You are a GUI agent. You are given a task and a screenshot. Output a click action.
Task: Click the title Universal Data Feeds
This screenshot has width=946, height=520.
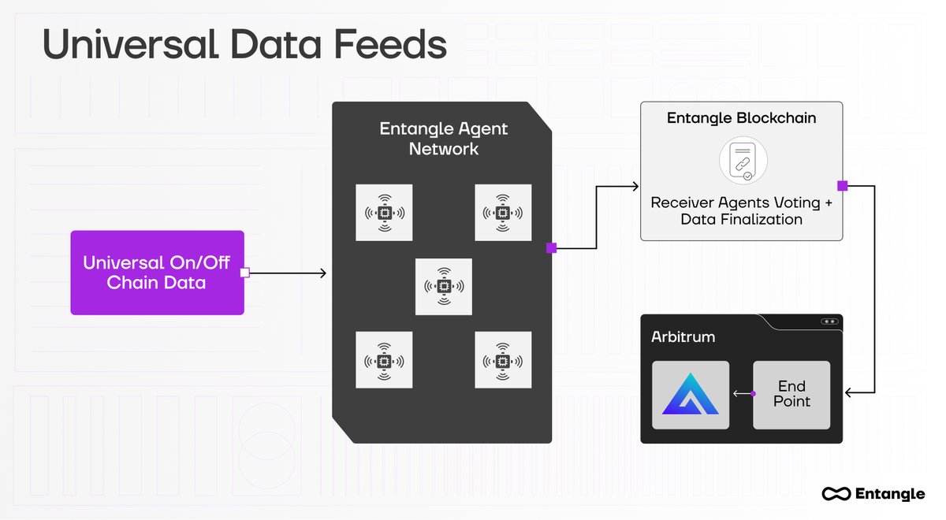(244, 45)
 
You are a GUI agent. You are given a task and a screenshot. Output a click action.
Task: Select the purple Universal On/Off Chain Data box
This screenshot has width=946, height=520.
(157, 273)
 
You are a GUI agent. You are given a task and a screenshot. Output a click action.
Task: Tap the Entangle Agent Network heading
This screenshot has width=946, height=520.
(444, 138)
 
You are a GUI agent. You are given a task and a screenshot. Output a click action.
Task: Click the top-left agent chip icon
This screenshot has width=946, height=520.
(384, 213)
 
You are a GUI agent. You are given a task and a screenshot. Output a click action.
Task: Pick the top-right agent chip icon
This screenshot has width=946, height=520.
(503, 213)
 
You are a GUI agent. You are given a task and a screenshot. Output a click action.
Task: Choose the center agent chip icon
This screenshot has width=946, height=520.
(444, 287)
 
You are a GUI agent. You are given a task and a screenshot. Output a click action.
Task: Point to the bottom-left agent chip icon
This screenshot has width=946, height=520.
(384, 360)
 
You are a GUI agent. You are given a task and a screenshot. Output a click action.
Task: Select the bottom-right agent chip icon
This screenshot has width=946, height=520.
(503, 360)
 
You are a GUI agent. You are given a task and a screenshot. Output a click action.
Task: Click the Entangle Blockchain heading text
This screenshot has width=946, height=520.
(741, 118)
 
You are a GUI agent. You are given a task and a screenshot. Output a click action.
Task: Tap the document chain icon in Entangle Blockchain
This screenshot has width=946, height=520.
(741, 161)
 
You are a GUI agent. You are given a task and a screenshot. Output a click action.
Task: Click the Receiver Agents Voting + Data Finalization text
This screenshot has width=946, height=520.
(741, 211)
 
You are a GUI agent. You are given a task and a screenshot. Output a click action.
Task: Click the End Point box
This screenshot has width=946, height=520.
(791, 394)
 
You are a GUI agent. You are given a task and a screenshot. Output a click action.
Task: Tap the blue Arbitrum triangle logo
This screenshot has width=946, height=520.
(691, 395)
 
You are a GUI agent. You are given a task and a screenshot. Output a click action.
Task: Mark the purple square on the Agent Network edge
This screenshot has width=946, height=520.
(551, 248)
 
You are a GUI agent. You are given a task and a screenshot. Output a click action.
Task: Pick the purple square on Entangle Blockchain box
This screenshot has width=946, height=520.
(842, 186)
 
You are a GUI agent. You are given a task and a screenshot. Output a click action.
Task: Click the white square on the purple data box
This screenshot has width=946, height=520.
(244, 273)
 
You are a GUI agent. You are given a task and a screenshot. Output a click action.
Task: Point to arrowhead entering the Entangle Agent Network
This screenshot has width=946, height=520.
(322, 273)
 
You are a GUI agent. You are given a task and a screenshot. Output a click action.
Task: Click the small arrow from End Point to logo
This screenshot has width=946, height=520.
(741, 393)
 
